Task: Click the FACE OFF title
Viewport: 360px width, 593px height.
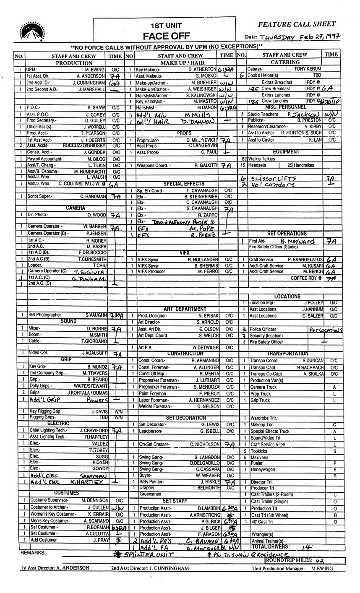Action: point(166,36)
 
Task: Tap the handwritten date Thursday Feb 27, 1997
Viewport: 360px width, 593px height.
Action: point(300,37)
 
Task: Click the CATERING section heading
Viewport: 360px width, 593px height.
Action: point(285,62)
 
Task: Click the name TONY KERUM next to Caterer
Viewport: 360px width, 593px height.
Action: point(308,68)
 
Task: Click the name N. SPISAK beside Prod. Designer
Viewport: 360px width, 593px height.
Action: point(207,315)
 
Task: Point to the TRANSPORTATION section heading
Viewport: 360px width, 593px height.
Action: point(287,354)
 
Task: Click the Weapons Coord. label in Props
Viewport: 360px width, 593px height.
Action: point(154,166)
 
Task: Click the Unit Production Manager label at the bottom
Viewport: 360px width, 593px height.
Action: point(278,569)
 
